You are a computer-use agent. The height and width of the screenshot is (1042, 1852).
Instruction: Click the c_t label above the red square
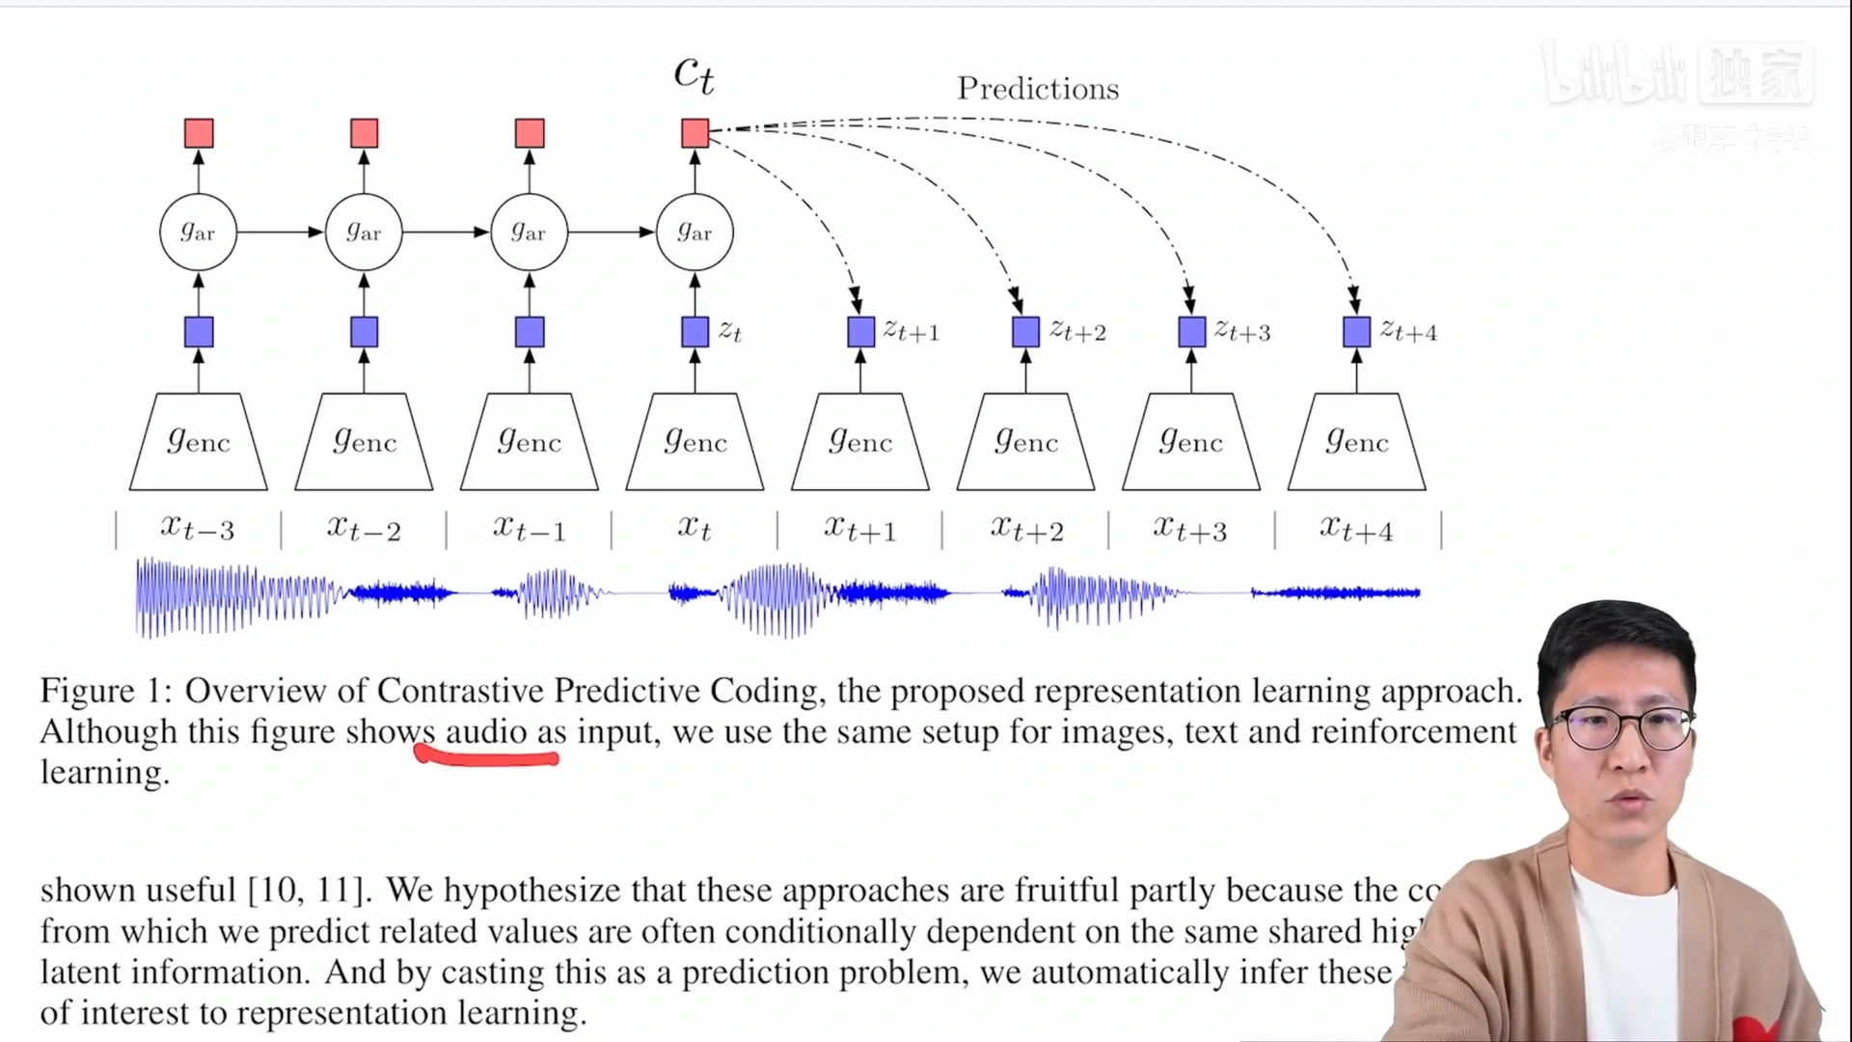(x=694, y=75)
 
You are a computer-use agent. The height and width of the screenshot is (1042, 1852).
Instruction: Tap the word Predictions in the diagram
(x=1038, y=89)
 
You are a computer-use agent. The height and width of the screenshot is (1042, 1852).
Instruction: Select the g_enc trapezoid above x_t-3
(x=199, y=442)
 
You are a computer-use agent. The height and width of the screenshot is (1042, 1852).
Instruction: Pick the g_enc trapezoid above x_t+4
(x=1357, y=442)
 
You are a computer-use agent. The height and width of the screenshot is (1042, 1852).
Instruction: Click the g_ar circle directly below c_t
(x=694, y=233)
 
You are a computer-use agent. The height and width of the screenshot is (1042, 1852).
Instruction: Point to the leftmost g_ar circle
(x=198, y=233)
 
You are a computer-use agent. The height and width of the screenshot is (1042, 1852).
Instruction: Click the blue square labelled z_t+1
(x=860, y=332)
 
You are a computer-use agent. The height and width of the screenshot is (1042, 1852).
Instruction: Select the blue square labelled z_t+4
(x=1356, y=332)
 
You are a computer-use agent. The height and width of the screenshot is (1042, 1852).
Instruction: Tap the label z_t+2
(x=1077, y=332)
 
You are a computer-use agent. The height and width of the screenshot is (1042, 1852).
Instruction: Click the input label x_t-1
(x=529, y=529)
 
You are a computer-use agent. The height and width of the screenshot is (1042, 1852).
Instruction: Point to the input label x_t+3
(x=1190, y=529)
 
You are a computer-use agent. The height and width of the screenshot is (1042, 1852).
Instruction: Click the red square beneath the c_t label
(x=694, y=133)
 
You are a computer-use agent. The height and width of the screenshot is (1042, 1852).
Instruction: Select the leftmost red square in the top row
(x=199, y=133)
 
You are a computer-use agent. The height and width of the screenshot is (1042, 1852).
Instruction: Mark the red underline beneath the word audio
(x=486, y=759)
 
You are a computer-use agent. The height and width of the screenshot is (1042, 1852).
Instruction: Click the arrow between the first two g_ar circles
(x=280, y=233)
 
